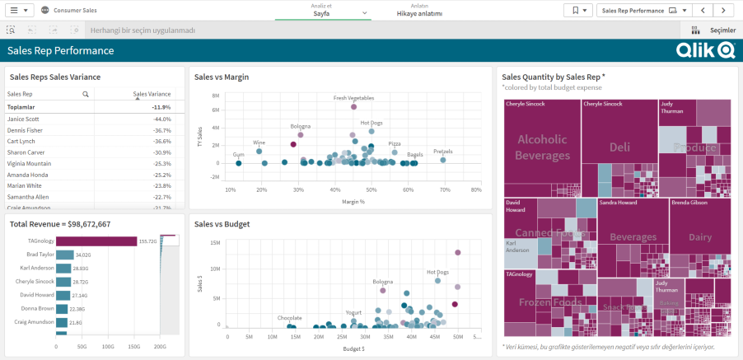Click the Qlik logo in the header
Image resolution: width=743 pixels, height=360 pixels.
(x=705, y=51)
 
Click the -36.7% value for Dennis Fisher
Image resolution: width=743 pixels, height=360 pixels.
(x=161, y=130)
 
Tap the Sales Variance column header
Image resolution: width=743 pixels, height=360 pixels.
(x=152, y=94)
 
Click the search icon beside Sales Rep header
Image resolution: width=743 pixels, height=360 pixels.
(x=86, y=95)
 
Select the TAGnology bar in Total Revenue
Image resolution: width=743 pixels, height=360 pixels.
(x=91, y=241)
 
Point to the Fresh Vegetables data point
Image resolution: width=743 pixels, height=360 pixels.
(x=353, y=106)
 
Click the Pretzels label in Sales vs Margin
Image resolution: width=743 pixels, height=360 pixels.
(x=442, y=152)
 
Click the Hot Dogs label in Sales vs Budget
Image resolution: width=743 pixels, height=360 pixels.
(x=437, y=272)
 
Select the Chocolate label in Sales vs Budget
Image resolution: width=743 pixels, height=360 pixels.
(x=289, y=317)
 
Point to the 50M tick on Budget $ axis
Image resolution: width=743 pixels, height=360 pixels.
(x=457, y=338)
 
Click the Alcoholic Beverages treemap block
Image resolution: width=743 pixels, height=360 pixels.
(x=542, y=147)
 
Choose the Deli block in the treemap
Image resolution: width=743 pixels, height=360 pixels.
(x=619, y=147)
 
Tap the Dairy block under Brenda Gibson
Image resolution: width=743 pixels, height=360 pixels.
(x=700, y=236)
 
